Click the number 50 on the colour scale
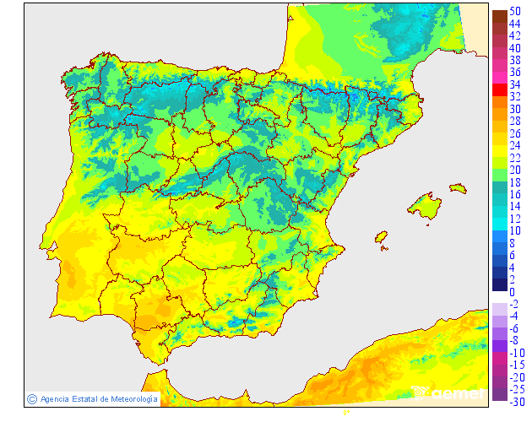[x=515, y=11]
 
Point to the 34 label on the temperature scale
[x=515, y=84]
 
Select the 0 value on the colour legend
[x=512, y=292]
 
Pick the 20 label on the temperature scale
[x=515, y=170]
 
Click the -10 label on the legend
[x=516, y=352]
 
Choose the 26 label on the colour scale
[x=515, y=133]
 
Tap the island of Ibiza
[x=381, y=238]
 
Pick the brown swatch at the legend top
[x=499, y=16]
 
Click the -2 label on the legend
[x=514, y=304]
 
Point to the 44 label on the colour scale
[x=515, y=24]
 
